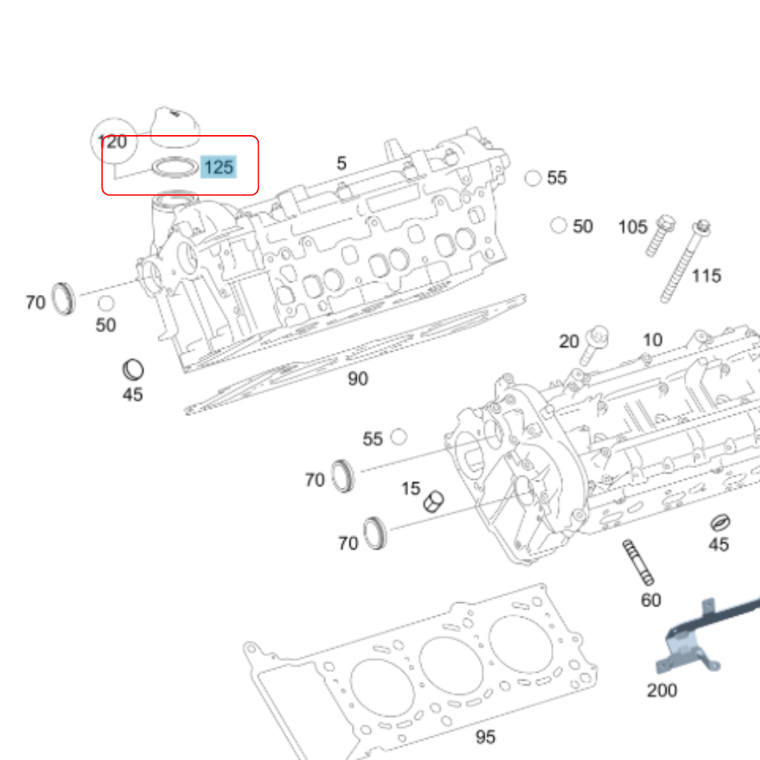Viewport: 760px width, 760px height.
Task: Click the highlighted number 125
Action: [x=218, y=167]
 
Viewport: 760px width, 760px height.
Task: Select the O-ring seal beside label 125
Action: [x=175, y=168]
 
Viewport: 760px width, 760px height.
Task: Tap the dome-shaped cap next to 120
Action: [x=175, y=127]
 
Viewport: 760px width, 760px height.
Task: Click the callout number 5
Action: [x=341, y=163]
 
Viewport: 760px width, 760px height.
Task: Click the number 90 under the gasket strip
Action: [x=357, y=379]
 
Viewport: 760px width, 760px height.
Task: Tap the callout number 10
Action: [x=652, y=340]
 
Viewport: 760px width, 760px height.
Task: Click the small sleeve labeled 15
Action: [x=433, y=501]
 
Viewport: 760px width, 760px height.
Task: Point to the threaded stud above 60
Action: [x=638, y=562]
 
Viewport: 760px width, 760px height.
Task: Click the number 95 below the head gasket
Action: [x=485, y=737]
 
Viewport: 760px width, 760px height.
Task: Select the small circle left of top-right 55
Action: [x=533, y=178]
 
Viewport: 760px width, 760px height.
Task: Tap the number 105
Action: [x=632, y=227]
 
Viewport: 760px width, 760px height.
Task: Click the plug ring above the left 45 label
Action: [x=133, y=369]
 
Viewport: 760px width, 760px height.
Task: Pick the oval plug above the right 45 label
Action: [x=719, y=523]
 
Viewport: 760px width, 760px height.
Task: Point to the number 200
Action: [x=661, y=690]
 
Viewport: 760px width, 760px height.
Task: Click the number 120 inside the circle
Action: [x=113, y=142]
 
